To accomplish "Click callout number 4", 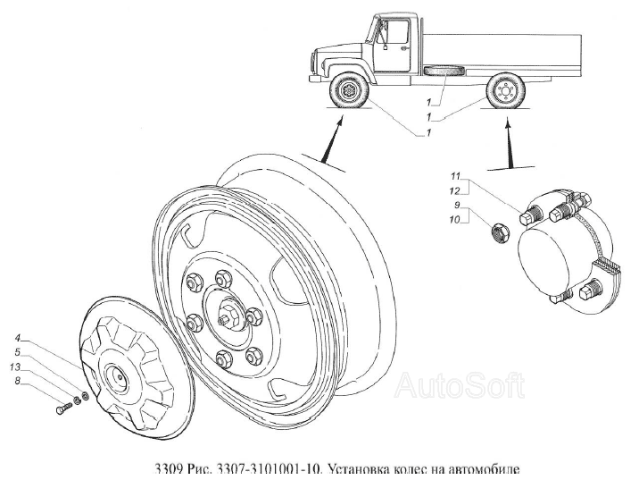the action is pos(18,338).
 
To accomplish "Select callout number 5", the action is pos(18,352).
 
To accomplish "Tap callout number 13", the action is pos(15,367).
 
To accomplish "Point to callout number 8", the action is pos(18,381).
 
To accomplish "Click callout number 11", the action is pos(455,176).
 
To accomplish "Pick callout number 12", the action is pos(455,191).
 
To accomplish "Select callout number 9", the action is pos(457,205).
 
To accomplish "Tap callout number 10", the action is pos(455,220).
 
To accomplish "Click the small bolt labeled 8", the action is pos(63,408).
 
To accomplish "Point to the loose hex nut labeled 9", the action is pos(499,234).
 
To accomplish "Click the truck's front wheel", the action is pos(349,90).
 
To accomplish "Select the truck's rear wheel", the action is pos(504,90).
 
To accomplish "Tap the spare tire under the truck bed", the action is pos(445,71).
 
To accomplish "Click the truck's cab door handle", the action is pos(403,48).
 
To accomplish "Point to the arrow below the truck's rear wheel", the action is pos(507,143).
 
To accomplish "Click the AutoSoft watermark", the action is pos(459,385).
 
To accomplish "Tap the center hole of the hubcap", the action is pos(121,376).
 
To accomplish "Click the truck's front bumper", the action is pos(316,79).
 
